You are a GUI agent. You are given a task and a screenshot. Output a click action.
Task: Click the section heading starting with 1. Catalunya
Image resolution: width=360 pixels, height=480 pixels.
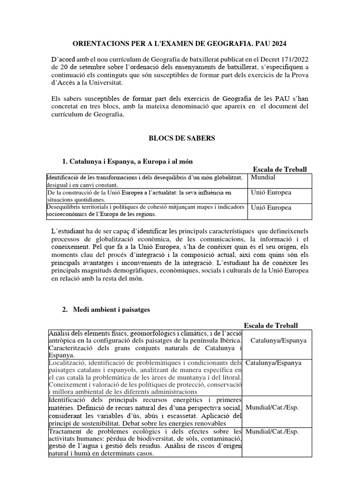127,161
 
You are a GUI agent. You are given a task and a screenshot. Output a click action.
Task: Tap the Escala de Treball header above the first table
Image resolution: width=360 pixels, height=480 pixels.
279,169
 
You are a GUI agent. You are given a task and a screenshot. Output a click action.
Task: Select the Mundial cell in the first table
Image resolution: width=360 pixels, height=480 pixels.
263,178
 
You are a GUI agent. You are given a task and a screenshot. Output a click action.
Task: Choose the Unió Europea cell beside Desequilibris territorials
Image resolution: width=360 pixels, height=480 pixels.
271,208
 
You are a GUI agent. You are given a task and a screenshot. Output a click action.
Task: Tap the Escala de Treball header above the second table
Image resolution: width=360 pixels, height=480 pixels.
271,325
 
